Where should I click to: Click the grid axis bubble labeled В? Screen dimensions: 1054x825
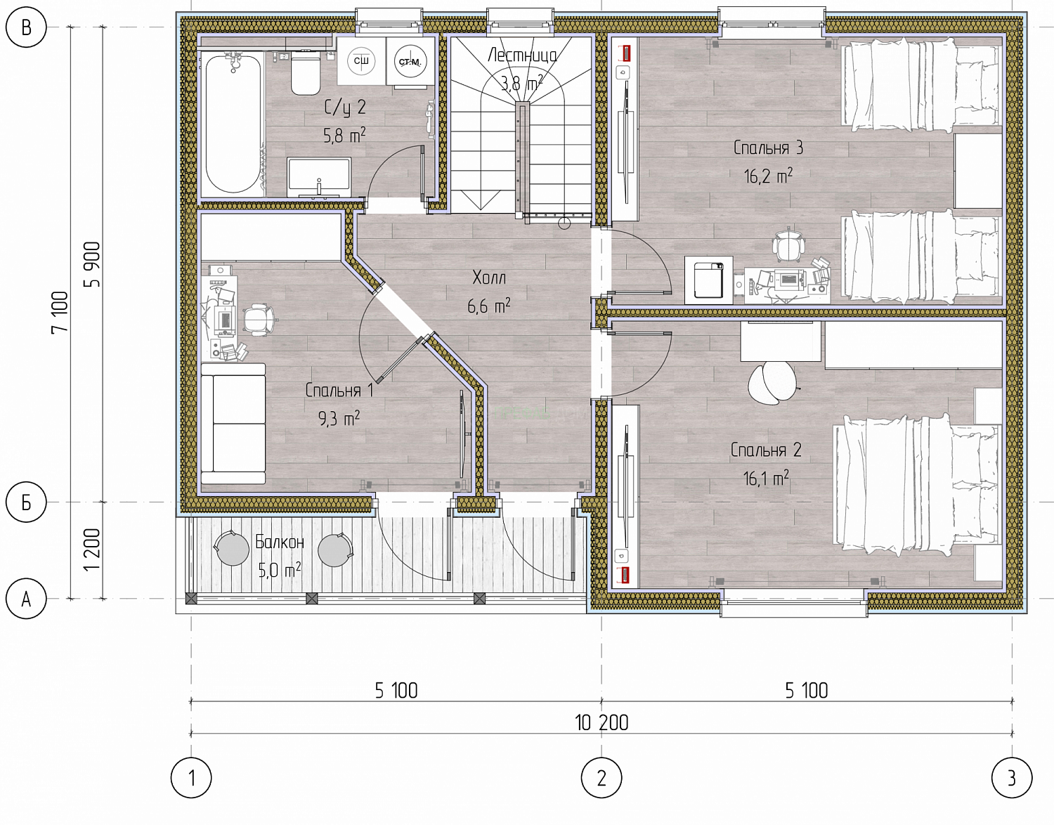[x=26, y=27]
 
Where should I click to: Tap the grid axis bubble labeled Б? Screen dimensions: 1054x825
[x=26, y=502]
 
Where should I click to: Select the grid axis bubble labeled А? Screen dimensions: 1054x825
[x=26, y=599]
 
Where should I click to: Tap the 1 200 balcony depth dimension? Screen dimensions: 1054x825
[x=92, y=550]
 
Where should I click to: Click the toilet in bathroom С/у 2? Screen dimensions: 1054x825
[x=306, y=73]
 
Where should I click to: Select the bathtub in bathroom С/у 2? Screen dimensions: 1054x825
[x=233, y=124]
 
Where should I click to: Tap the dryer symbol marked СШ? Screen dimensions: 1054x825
[x=361, y=60]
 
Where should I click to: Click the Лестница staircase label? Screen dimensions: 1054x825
[x=522, y=56]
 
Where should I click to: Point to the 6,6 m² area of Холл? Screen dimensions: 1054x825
[x=489, y=306]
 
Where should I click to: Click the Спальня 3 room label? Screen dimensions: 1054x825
[x=768, y=148]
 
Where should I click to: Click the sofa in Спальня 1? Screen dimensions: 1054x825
[x=233, y=424]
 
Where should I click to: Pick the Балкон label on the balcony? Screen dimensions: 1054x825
[x=280, y=542]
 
